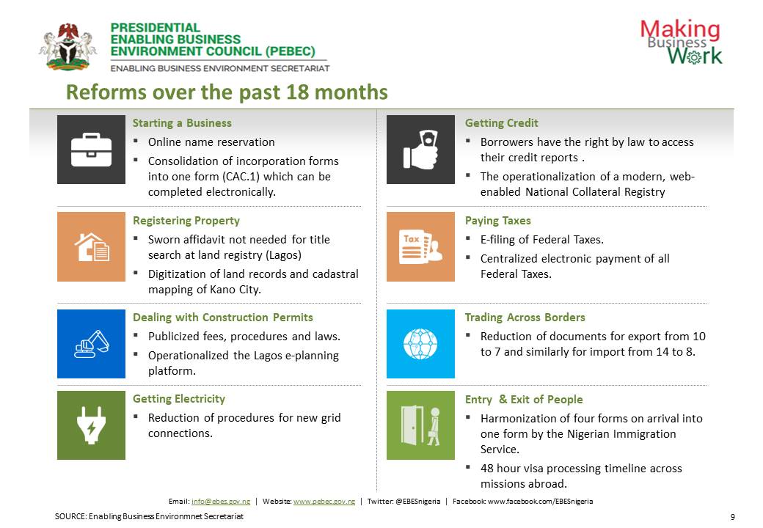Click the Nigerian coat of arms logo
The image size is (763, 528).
(x=67, y=47)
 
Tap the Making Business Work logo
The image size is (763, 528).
(x=682, y=42)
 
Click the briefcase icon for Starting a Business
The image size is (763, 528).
(x=91, y=150)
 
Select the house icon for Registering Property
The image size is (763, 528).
(x=92, y=247)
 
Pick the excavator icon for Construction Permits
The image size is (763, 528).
(x=92, y=344)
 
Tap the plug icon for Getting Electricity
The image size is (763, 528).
(x=91, y=425)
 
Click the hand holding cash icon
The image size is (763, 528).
(x=420, y=150)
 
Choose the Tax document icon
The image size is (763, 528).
(x=420, y=247)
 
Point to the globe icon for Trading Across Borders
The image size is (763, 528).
(x=420, y=344)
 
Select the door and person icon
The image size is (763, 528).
(x=420, y=425)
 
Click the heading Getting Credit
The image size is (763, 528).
(x=501, y=123)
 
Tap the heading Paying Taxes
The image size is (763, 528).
(x=498, y=220)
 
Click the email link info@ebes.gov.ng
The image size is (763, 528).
(x=221, y=502)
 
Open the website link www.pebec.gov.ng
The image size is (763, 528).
(x=324, y=502)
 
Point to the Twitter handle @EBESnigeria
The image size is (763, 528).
(x=418, y=502)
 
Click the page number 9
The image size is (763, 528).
(x=732, y=517)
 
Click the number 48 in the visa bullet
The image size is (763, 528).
(x=487, y=468)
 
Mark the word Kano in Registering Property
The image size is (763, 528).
(x=222, y=289)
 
